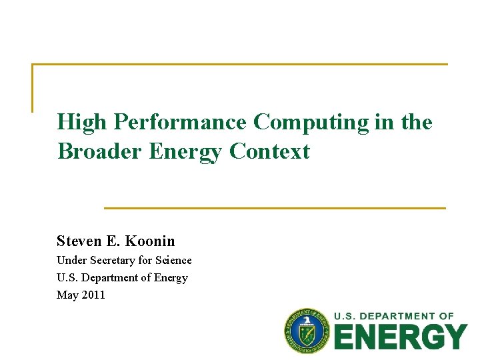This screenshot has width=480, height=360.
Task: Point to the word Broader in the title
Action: pos(100,151)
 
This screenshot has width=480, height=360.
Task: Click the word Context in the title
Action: pos(270,151)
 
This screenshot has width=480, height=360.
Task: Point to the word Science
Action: pos(172,260)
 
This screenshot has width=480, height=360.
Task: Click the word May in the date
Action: pos(67,295)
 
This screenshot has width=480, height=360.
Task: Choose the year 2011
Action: pos(93,295)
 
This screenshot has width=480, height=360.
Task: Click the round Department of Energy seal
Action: pos(307,331)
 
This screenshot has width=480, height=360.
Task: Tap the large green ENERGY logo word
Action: pos(400,337)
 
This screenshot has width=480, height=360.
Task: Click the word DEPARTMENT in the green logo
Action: pos(396,315)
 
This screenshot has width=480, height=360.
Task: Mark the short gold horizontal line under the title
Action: pos(275,208)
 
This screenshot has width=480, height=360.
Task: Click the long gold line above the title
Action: pos(240,65)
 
